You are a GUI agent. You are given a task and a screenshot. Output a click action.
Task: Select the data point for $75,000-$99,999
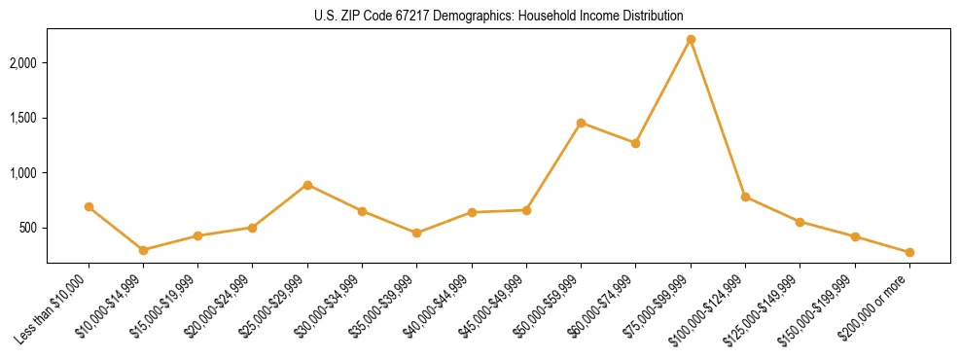coord(691,39)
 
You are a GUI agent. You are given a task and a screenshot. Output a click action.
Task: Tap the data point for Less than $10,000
coord(89,206)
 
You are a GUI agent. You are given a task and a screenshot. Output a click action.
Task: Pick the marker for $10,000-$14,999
coord(143,250)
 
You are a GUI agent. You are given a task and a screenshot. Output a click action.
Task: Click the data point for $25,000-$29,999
coord(307,185)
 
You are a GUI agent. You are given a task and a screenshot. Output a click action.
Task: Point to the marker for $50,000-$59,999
coord(581,123)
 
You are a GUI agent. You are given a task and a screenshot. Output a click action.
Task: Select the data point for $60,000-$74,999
coord(635,143)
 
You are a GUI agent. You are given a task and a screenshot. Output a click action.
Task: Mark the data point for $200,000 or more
coord(909,252)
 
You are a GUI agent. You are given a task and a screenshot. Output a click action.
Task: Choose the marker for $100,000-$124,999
coord(745,197)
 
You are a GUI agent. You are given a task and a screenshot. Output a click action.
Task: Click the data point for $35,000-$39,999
coord(416,233)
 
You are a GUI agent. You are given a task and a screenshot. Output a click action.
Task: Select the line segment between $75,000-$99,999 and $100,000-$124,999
coord(718,118)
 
